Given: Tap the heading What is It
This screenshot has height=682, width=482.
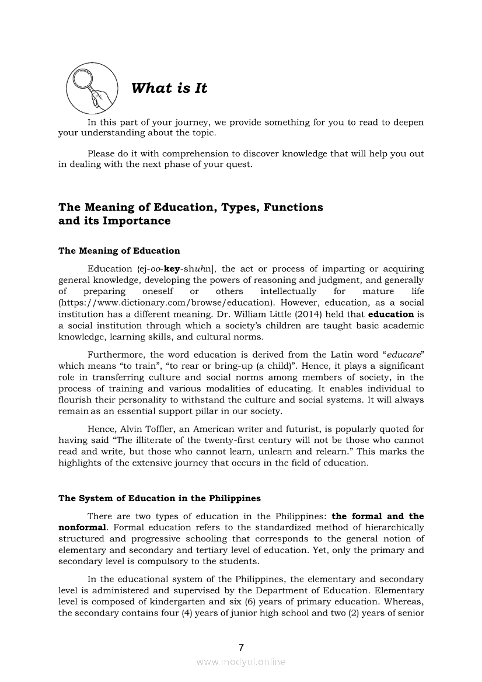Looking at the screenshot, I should [169, 88].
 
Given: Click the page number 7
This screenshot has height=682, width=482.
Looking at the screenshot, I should [241, 647].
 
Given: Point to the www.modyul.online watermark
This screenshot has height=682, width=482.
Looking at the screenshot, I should [241, 662].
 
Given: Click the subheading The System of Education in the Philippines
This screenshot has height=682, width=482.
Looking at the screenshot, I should [159, 498].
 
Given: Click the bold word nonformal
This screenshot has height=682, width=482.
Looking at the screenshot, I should [82, 527].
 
